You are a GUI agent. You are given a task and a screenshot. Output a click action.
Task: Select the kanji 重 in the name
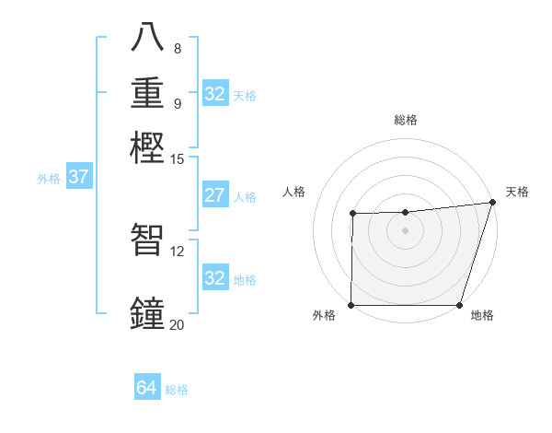(x=149, y=93)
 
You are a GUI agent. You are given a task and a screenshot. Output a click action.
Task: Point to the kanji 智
(x=149, y=240)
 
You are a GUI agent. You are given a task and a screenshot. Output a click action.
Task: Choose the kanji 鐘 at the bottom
(x=149, y=312)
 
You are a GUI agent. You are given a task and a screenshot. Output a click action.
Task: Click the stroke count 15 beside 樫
(x=178, y=159)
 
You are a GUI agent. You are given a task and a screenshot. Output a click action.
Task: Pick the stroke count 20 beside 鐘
(x=177, y=324)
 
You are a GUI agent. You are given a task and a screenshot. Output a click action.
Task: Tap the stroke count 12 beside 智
(x=178, y=251)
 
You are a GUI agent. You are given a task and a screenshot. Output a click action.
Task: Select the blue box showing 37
(x=78, y=177)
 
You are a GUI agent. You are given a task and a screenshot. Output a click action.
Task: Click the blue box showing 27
(x=214, y=195)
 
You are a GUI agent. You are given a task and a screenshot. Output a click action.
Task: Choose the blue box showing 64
(x=146, y=388)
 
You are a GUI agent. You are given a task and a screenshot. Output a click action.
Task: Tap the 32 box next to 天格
(x=214, y=94)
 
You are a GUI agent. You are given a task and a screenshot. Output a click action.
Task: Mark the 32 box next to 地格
(x=214, y=278)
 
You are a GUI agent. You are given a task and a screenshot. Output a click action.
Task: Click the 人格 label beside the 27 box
(x=245, y=197)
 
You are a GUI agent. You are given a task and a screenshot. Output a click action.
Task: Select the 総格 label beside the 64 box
(x=177, y=390)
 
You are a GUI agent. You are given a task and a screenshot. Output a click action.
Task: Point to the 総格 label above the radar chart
(x=406, y=120)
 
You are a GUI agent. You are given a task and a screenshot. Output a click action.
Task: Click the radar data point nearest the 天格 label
(x=492, y=203)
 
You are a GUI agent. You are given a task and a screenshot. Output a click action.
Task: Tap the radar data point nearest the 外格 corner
(x=351, y=305)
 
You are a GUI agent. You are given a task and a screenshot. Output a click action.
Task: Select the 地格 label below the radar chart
(x=482, y=316)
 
